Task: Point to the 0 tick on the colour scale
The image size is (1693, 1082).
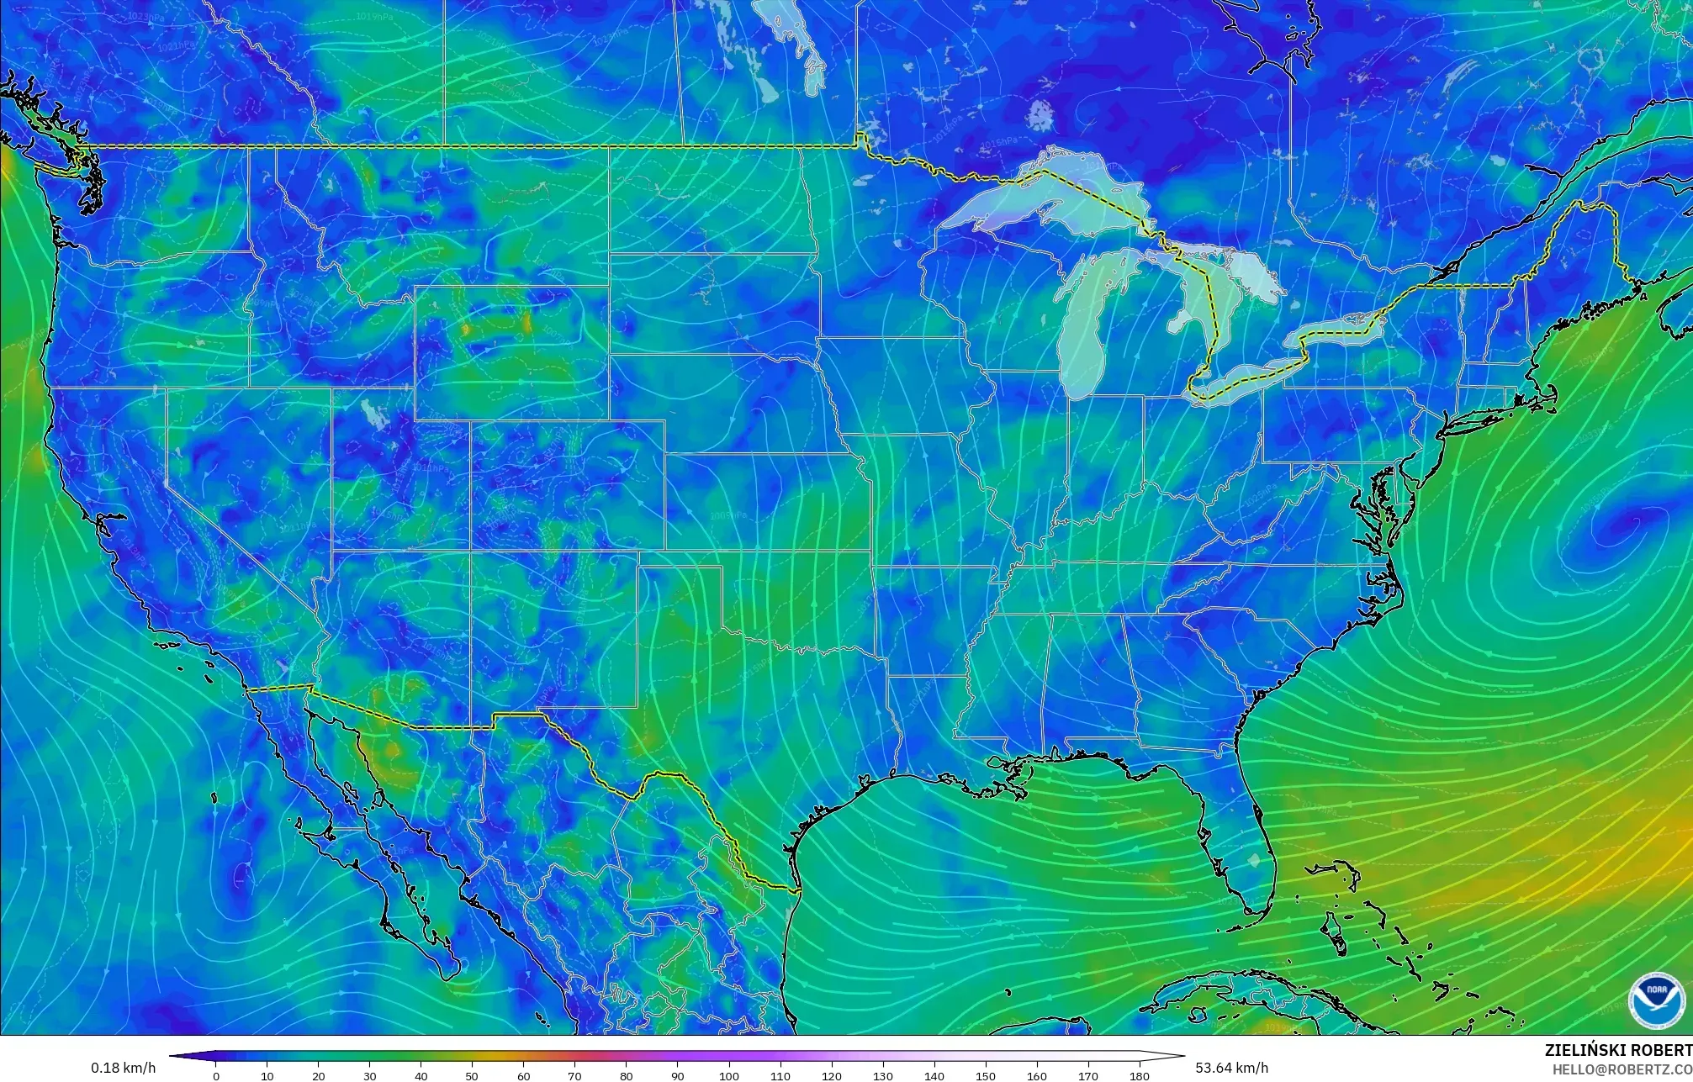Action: tap(216, 1075)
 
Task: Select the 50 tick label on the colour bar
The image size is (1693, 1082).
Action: tap(473, 1075)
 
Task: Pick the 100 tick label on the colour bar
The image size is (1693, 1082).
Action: tap(729, 1075)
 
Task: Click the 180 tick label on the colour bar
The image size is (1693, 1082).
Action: tap(1140, 1075)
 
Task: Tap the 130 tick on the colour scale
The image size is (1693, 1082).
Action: tap(883, 1075)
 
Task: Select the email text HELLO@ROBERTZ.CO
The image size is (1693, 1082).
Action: tap(1622, 1069)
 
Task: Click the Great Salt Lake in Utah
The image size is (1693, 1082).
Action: tap(371, 412)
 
